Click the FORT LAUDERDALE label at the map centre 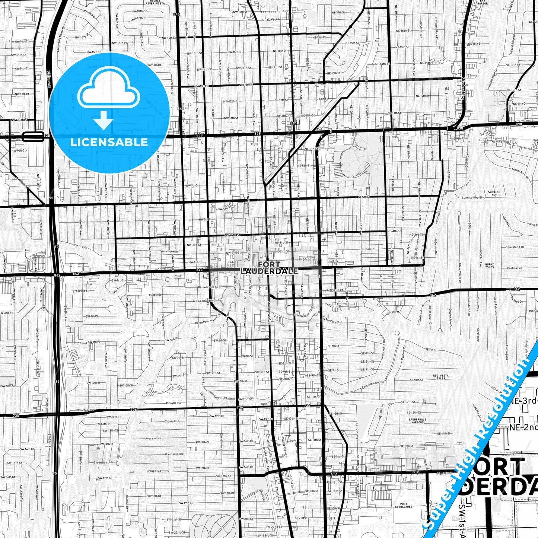point(269,268)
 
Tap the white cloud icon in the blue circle point(109,88)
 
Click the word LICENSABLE point(109,142)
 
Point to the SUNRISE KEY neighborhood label point(494,193)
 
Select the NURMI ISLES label point(489,266)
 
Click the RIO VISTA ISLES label point(440,377)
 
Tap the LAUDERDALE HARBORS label point(417,421)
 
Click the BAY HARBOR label point(483,2)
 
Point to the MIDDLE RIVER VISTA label point(155,2)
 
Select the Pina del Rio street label point(173,403)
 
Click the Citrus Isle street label point(172,421)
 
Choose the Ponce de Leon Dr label point(372,386)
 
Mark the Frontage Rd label point(86,410)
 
